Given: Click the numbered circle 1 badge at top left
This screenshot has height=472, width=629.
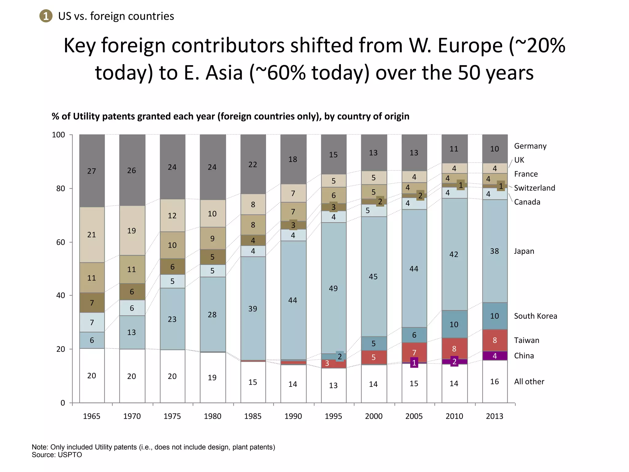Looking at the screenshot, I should click(46, 16).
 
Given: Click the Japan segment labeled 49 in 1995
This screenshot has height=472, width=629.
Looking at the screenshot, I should click(334, 288).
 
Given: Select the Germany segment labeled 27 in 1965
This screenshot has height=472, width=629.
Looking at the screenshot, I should click(92, 171).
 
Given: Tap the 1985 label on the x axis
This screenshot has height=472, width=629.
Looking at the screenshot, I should click(253, 416).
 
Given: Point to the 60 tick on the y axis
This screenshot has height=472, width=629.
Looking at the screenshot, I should click(61, 242).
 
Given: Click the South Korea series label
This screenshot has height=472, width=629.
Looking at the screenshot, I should click(535, 316).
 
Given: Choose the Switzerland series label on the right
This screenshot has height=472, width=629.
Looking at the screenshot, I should click(534, 188).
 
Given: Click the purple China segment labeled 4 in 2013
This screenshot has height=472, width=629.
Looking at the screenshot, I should click(494, 356).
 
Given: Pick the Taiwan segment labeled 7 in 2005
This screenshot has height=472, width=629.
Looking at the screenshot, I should click(414, 352).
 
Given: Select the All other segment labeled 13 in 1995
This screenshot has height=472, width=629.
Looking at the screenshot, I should click(334, 385).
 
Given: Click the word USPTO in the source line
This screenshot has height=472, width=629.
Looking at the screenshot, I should click(70, 455).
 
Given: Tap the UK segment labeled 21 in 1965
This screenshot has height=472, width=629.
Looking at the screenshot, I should click(92, 235).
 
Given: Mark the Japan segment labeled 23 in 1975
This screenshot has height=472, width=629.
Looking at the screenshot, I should click(172, 319).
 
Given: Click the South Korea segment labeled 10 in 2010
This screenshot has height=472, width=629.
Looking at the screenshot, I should click(454, 324).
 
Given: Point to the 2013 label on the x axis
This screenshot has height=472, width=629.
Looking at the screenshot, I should click(494, 416).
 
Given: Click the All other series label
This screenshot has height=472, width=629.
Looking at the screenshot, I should click(529, 382).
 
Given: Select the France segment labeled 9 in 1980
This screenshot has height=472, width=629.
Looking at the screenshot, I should click(213, 238).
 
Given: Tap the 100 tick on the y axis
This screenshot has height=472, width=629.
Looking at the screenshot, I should click(58, 135).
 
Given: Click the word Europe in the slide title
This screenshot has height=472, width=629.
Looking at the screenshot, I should click(470, 45).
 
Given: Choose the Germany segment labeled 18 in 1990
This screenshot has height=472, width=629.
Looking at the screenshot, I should click(293, 159).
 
